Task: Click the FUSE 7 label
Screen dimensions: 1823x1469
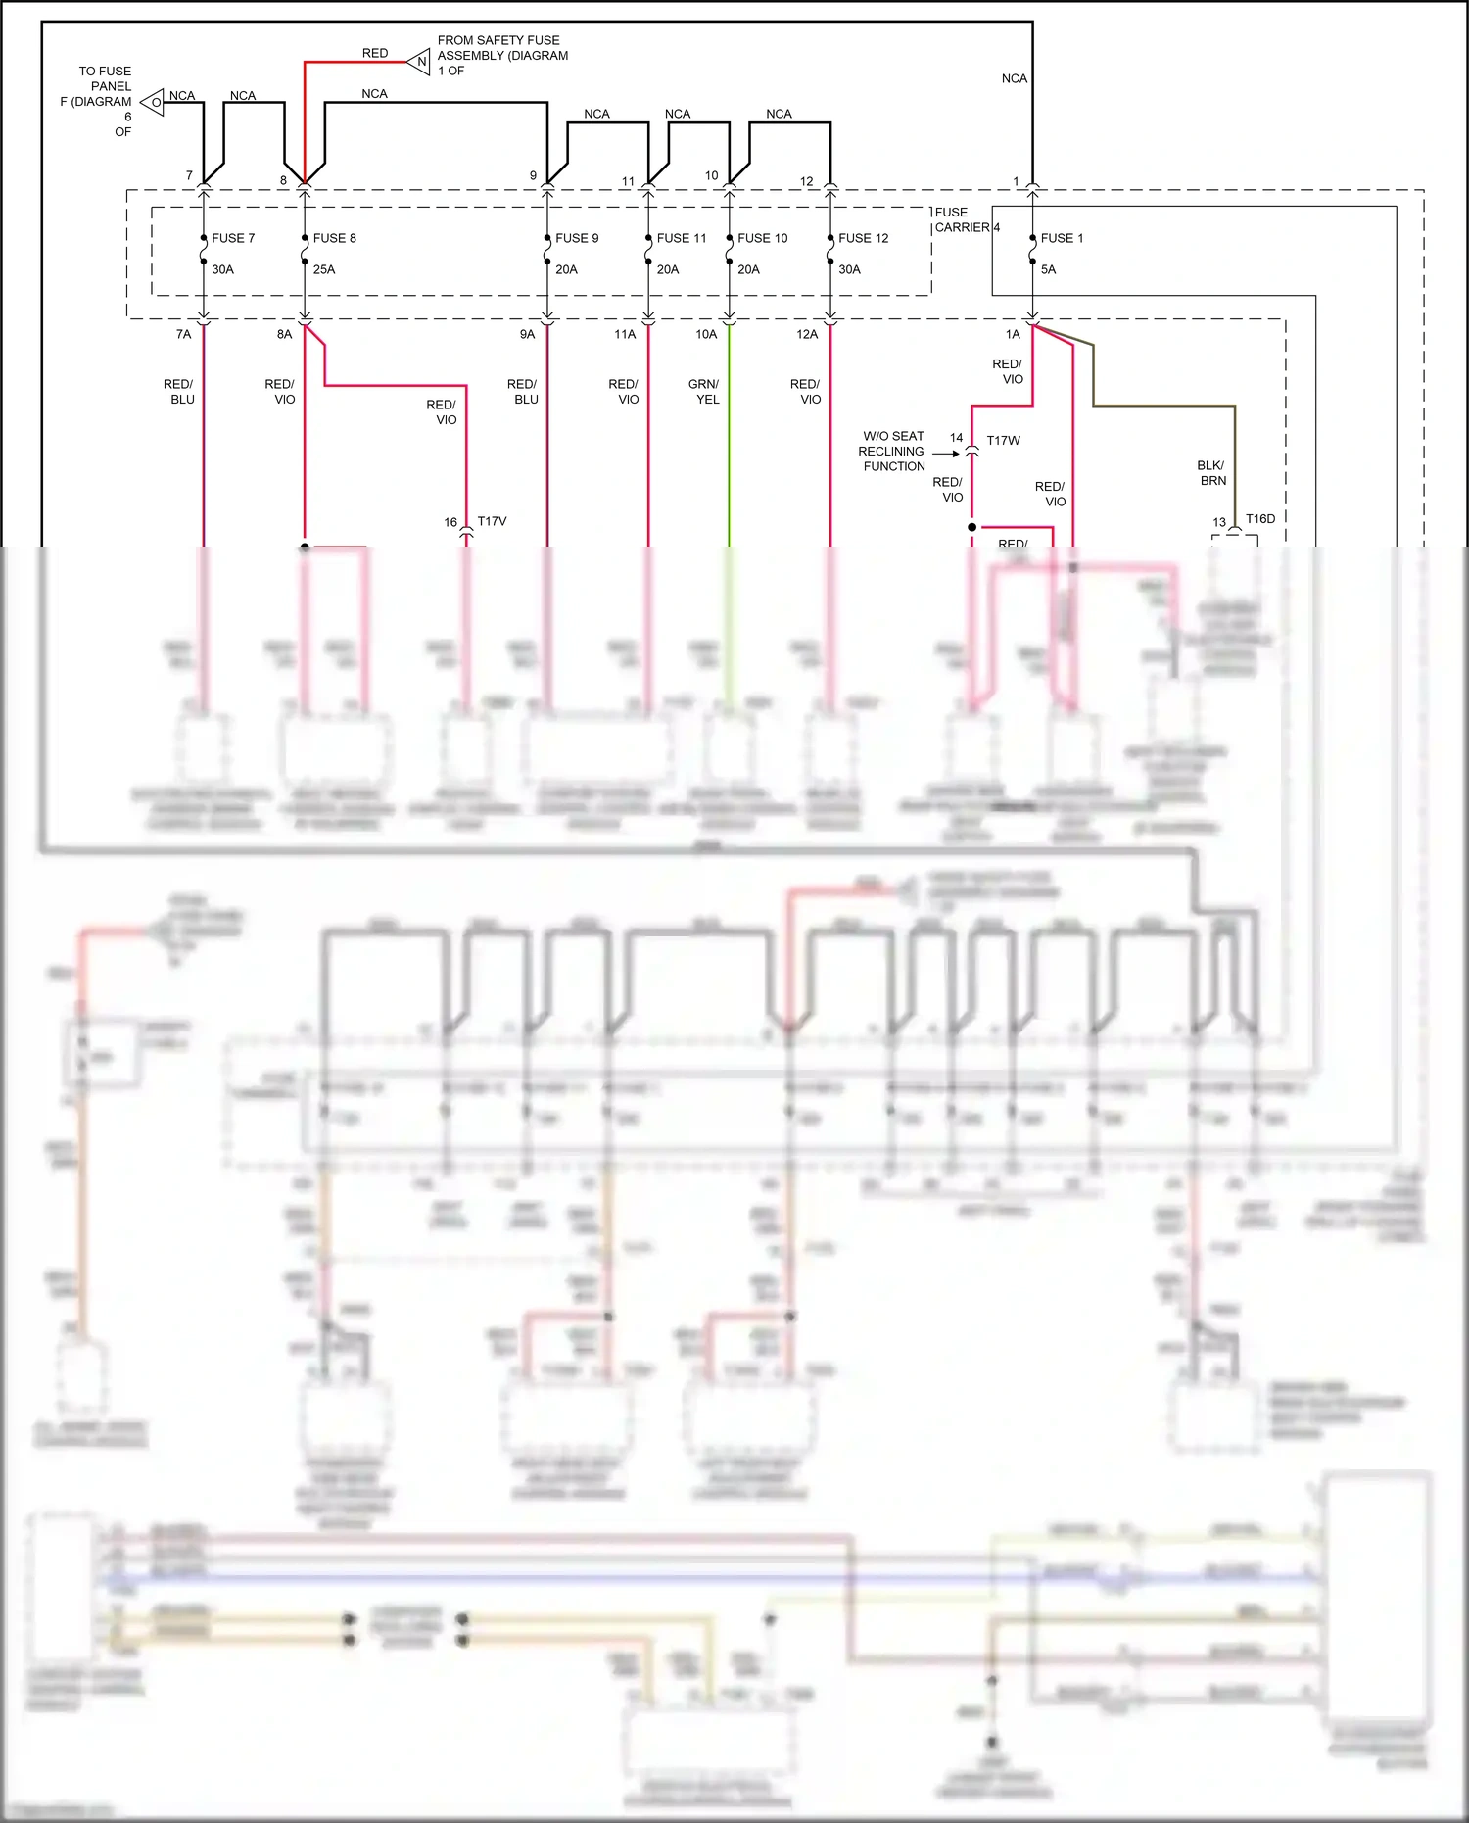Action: (233, 238)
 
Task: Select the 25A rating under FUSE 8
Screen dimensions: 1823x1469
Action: (324, 269)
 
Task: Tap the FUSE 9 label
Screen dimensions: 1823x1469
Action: (576, 238)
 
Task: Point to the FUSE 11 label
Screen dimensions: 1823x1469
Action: (681, 238)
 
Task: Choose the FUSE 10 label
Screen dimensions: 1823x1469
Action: (762, 238)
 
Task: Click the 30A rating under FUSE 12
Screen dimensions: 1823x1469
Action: (849, 269)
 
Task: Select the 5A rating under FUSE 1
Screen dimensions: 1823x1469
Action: (1048, 269)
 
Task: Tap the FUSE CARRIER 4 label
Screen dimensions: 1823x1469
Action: (966, 219)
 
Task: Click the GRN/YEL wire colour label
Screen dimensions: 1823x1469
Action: (703, 392)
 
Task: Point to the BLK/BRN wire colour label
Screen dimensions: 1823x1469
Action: (1211, 473)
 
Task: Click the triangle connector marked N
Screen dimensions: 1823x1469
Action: (420, 62)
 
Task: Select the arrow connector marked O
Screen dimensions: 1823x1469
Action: (153, 102)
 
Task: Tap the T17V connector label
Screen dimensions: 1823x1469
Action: (492, 521)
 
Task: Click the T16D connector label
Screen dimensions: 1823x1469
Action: (1259, 518)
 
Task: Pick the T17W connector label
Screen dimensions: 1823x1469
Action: (1003, 441)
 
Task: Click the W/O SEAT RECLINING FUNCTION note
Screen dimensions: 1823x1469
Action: (892, 452)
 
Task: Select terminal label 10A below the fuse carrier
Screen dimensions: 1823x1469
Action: (706, 334)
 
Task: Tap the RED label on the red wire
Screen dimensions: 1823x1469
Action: (375, 53)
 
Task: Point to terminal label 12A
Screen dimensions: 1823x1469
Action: (807, 334)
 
